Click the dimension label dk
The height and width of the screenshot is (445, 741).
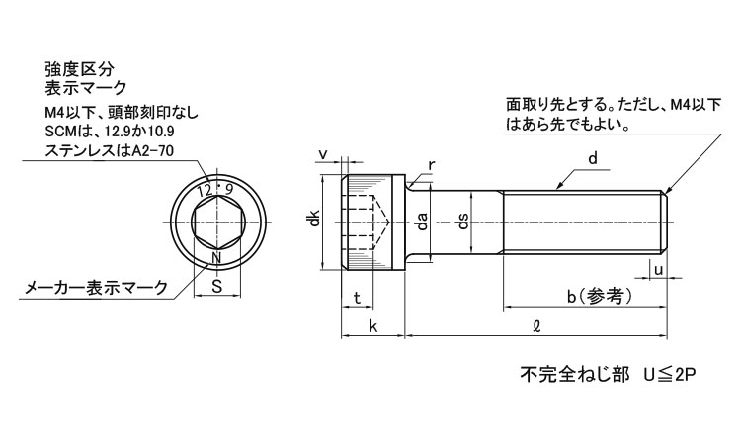click(x=313, y=221)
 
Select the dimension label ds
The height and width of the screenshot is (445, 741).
click(x=463, y=222)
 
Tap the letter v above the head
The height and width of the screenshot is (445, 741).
click(x=324, y=154)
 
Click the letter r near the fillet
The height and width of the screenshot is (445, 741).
click(x=431, y=165)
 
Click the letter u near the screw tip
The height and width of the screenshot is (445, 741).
click(x=659, y=270)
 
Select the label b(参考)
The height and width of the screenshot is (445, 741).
click(x=600, y=297)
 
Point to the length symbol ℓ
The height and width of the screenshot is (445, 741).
click(x=535, y=325)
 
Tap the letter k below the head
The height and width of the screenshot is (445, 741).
click(x=373, y=325)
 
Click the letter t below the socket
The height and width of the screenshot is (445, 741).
click(x=357, y=298)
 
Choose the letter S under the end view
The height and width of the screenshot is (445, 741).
click(x=217, y=286)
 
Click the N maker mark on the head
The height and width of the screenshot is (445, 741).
click(x=216, y=258)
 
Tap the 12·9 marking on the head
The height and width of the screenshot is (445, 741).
click(x=215, y=190)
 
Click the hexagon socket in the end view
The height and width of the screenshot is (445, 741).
click(x=217, y=222)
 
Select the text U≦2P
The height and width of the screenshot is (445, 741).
click(x=669, y=375)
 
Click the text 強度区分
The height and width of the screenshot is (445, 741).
click(x=79, y=69)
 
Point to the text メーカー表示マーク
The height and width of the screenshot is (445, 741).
click(x=96, y=287)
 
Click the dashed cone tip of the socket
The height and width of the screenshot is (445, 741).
click(x=388, y=222)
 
